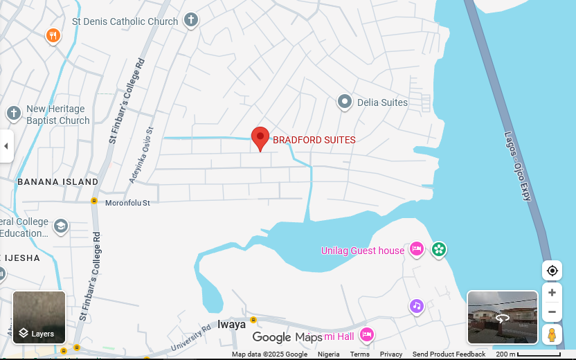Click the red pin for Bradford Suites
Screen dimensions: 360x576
[260, 138]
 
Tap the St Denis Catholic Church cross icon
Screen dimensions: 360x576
[190, 21]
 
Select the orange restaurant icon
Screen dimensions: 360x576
[53, 35]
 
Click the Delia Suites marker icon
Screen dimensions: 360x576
[345, 102]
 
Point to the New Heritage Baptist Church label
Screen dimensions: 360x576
[57, 114]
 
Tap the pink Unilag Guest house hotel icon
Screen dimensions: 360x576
[416, 249]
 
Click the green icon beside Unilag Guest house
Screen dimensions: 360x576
[438, 249]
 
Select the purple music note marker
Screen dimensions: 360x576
[416, 306]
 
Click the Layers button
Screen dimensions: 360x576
[39, 318]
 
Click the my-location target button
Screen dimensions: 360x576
[552, 271]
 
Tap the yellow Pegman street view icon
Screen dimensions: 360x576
[552, 335]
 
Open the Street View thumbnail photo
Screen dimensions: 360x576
[503, 317]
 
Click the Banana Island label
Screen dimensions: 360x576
[57, 181]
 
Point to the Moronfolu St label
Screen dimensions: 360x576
[127, 203]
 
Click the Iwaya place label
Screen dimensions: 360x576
[231, 324]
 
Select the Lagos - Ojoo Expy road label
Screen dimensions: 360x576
[518, 166]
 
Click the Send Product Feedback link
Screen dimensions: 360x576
[449, 354]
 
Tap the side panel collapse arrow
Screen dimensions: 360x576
[6, 146]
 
